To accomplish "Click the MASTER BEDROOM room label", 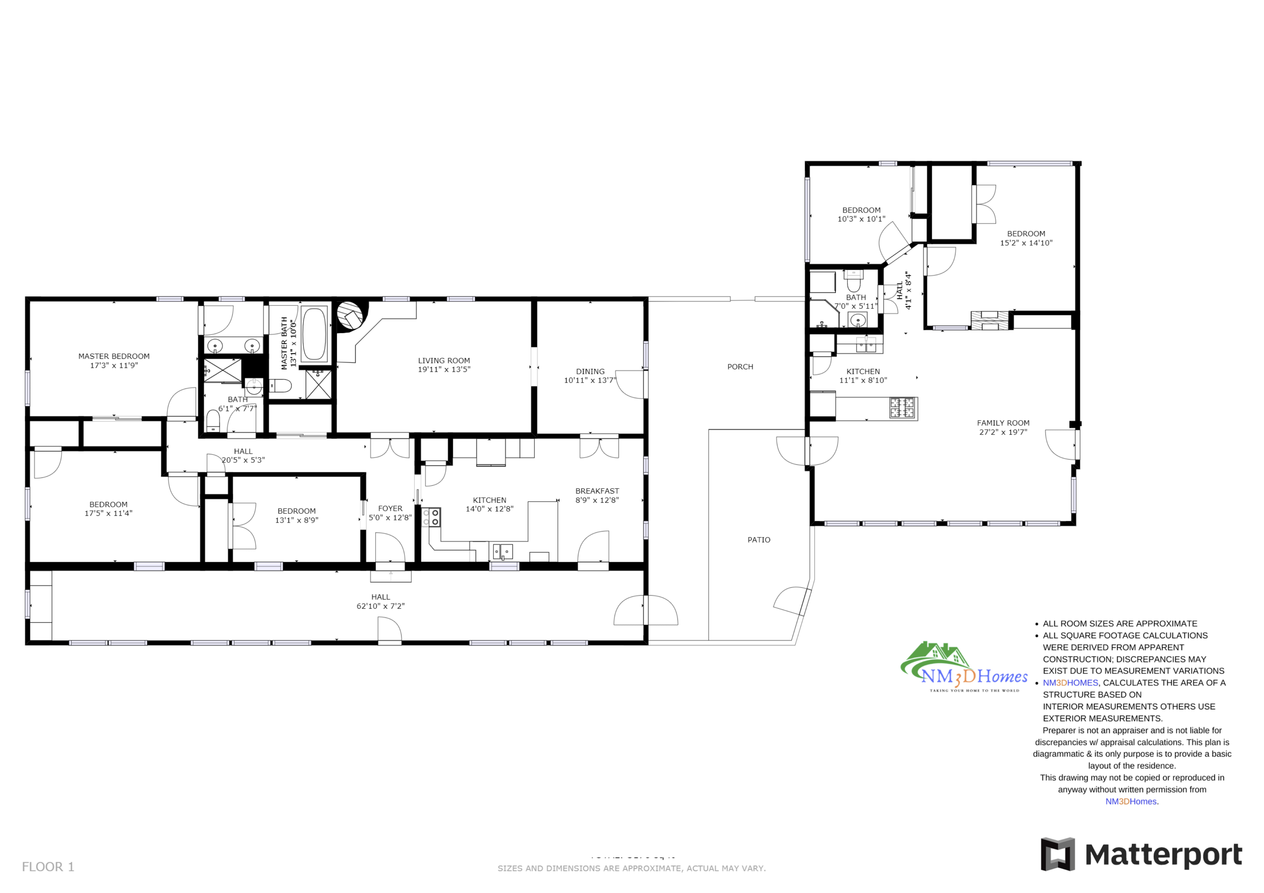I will [x=114, y=357].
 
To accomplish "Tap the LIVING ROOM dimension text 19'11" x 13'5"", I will [x=444, y=369].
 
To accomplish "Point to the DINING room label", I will [x=590, y=371].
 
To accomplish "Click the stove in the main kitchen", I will [x=431, y=517].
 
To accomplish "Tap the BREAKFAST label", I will [x=597, y=491].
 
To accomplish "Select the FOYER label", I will [x=390, y=509].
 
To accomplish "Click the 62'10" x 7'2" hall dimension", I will [x=380, y=606].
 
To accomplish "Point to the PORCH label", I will [x=740, y=366].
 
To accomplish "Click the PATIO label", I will [x=759, y=540].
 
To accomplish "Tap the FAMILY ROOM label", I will [x=1002, y=423].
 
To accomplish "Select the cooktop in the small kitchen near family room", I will [x=902, y=408].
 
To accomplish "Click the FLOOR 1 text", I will [x=48, y=866].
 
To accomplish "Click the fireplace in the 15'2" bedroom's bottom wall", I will [x=989, y=320].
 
